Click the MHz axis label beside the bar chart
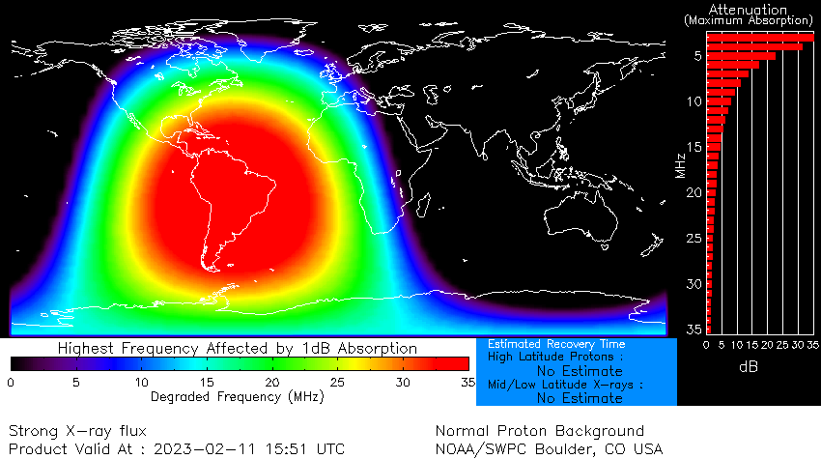coord(682,159)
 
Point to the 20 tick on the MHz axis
coord(693,192)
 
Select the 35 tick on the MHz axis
coord(693,329)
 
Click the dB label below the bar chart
coord(749,367)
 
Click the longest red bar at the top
coord(759,37)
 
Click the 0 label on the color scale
coord(11,382)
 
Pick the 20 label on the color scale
coord(272,382)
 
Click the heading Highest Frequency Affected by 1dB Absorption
coord(238,348)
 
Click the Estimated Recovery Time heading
coord(556,344)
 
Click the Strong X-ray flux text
coord(77,431)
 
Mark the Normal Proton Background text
coord(539,431)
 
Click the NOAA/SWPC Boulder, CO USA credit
coord(550,448)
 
